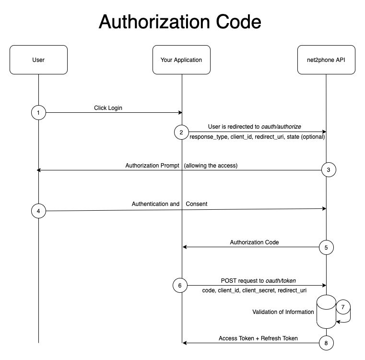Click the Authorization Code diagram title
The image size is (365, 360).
pos(180,22)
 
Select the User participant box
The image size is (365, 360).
pos(38,60)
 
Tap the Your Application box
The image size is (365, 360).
pos(181,60)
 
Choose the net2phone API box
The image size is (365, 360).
pos(326,60)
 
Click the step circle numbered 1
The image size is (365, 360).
pos(38,113)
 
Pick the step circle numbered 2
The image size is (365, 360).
pos(182,132)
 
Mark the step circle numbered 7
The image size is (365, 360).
pos(343,306)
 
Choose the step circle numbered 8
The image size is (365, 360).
pos(327,343)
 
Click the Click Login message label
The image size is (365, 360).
pos(108,108)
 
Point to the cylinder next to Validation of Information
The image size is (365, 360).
pos(326,312)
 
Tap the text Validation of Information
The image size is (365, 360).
pos(283,312)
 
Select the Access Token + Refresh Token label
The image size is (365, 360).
pos(258,338)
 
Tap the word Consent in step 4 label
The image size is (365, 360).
pos(197,204)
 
